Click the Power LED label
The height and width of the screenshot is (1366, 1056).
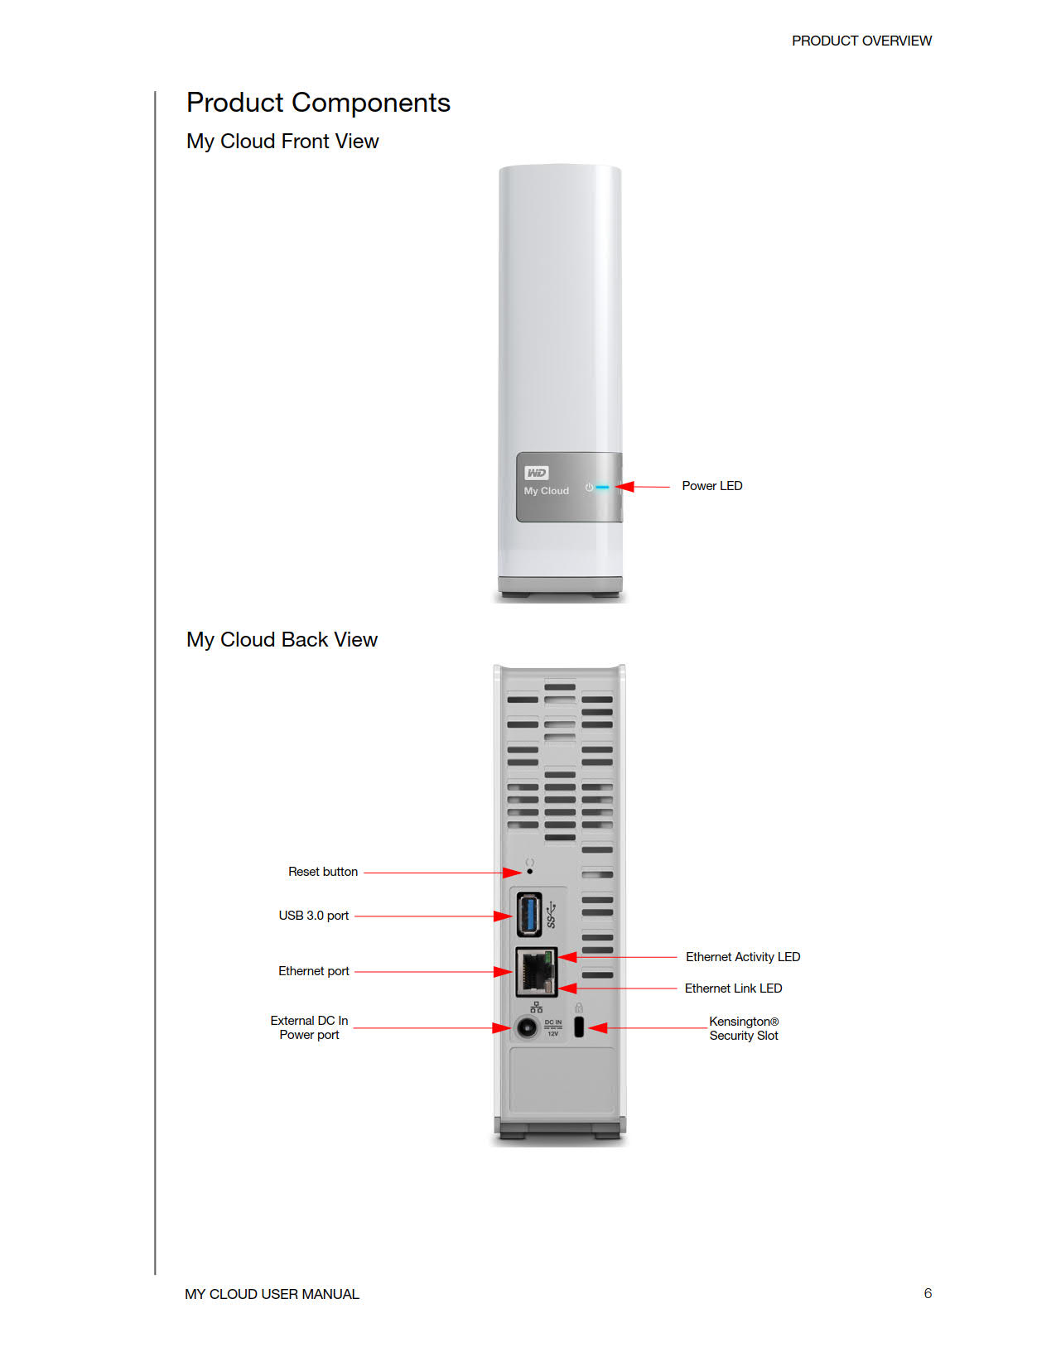click(x=711, y=486)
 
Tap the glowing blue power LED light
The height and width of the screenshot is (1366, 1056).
click(x=602, y=487)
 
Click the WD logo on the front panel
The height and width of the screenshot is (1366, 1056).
click(x=536, y=473)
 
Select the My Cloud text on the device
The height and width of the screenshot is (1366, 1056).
click(x=546, y=491)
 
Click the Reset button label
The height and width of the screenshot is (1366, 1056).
click(x=322, y=872)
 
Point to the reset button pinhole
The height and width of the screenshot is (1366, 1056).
click(x=530, y=872)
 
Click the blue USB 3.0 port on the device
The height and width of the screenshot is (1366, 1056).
click(x=529, y=914)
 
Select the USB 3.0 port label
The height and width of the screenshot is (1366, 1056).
click(x=313, y=916)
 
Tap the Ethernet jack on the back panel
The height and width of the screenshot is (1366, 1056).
click(x=535, y=972)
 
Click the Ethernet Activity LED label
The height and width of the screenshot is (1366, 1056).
click(x=742, y=957)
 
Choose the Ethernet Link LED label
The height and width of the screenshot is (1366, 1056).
click(x=733, y=988)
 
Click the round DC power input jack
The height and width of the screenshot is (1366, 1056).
click(x=527, y=1028)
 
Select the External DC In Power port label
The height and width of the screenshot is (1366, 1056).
click(x=309, y=1027)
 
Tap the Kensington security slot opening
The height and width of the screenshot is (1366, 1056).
click(x=579, y=1027)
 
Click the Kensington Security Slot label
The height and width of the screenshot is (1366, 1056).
click(x=744, y=1028)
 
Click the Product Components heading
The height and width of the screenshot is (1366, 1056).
click(x=318, y=103)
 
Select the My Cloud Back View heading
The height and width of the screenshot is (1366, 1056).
click(x=282, y=640)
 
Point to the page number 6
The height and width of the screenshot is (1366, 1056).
click(x=928, y=1293)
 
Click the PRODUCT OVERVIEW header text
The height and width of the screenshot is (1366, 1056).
click(x=861, y=41)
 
